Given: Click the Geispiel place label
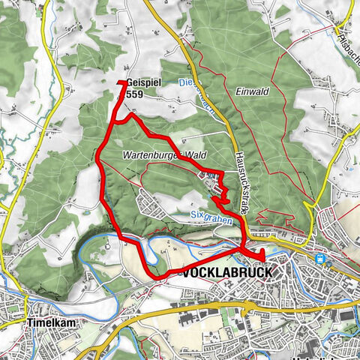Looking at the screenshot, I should click(x=141, y=84).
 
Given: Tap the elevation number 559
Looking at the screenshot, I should click(x=135, y=94).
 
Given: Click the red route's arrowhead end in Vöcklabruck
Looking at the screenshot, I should click(x=262, y=259).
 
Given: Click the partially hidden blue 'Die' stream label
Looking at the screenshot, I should click(x=187, y=83).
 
